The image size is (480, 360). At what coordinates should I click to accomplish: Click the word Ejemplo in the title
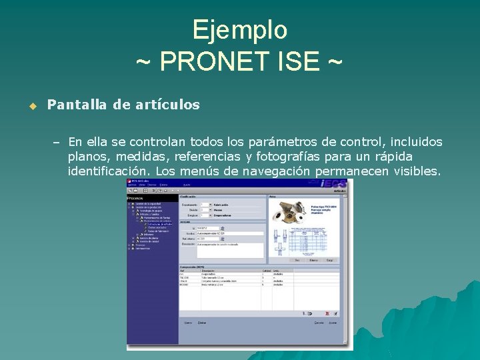tap(239, 31)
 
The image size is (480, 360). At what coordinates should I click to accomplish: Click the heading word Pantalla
tap(74, 105)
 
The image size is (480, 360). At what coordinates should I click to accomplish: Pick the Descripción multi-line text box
tap(230, 250)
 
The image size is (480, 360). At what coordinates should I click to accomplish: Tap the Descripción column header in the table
tap(209, 270)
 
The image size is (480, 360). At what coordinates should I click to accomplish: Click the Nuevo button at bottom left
tap(187, 323)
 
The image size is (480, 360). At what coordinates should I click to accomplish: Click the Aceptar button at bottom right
tap(333, 323)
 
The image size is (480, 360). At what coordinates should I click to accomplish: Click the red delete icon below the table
tap(327, 313)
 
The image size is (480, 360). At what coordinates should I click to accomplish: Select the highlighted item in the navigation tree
tap(159, 224)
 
